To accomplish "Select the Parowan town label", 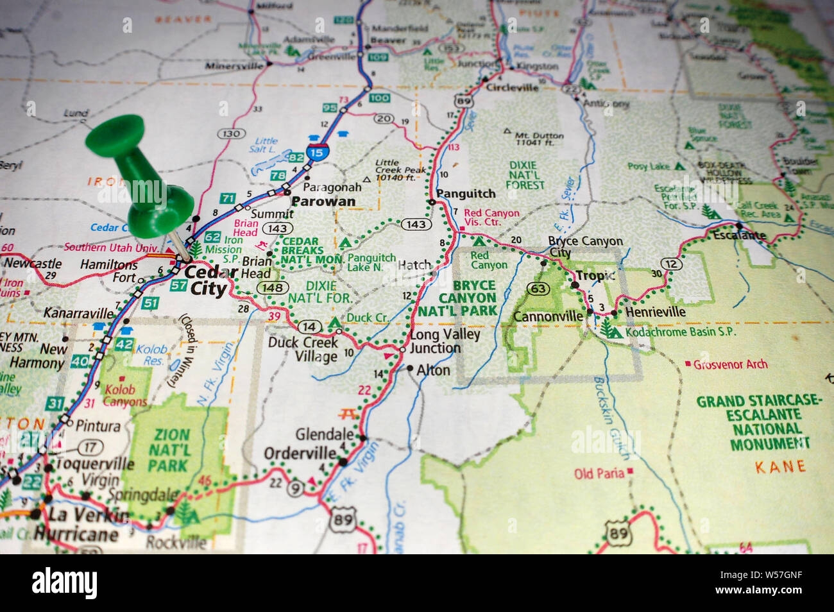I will coord(323,201).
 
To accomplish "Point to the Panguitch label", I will coord(466,193).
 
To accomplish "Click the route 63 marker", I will coord(538,289).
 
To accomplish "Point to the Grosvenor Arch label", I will coord(730,364).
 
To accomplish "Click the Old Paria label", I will coord(599,473).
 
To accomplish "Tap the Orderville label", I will coord(300,454).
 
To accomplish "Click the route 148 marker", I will coord(273,288).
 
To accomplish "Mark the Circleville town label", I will coord(512,88).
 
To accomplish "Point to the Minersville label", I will coord(234,65).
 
